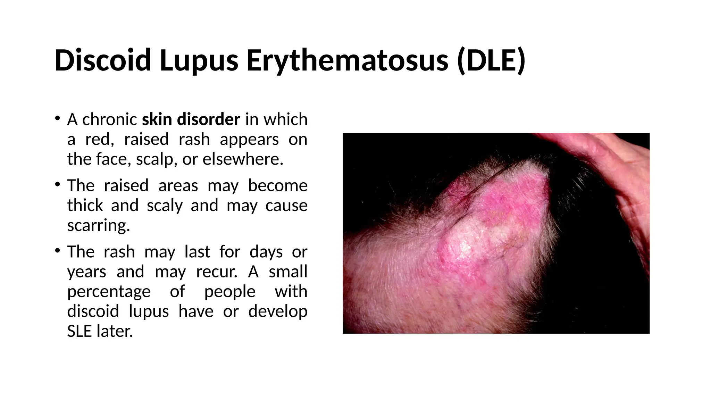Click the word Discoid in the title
tap(103, 60)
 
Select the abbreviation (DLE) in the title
tap(491, 60)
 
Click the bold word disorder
tap(208, 119)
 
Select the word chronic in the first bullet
tap(109, 119)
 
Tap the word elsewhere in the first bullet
tap(243, 159)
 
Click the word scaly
tap(165, 206)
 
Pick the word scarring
tap(98, 225)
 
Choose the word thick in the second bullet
tap(85, 206)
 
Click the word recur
tap(217, 272)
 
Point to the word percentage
tap(109, 291)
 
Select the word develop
tap(278, 311)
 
